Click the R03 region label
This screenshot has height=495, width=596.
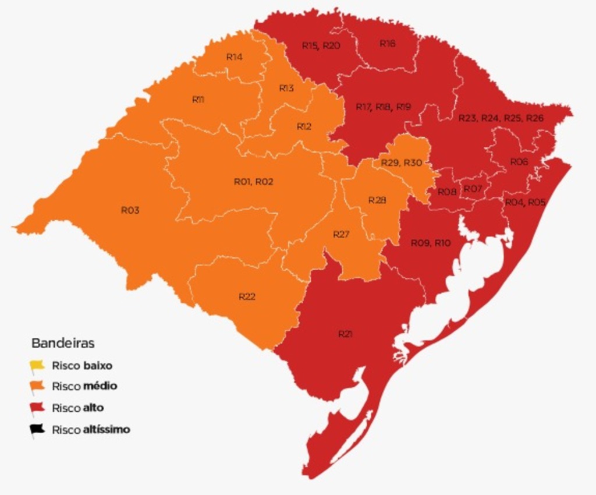click(130, 210)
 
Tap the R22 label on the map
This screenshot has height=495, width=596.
click(247, 296)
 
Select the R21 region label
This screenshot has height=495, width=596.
click(345, 334)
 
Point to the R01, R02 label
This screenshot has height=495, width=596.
click(253, 182)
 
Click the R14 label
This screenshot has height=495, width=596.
click(234, 56)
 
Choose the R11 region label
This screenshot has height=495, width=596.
click(198, 100)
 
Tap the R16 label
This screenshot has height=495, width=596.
click(388, 43)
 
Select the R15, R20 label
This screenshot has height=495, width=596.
click(321, 45)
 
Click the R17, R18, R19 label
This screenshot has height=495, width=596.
click(383, 107)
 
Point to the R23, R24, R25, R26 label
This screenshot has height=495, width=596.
click(501, 118)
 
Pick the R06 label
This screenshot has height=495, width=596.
click(519, 162)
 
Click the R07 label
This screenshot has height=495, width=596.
click(473, 189)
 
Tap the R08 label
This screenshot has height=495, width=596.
click(447, 192)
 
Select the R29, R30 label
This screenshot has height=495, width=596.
click(401, 162)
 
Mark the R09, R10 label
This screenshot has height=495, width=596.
click(431, 243)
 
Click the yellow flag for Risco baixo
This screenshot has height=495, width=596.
click(37, 366)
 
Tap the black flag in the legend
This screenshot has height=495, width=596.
click(37, 430)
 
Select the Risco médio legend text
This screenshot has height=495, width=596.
click(84, 386)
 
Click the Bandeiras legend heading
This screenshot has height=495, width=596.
click(63, 343)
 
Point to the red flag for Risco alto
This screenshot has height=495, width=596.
click(37, 408)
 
